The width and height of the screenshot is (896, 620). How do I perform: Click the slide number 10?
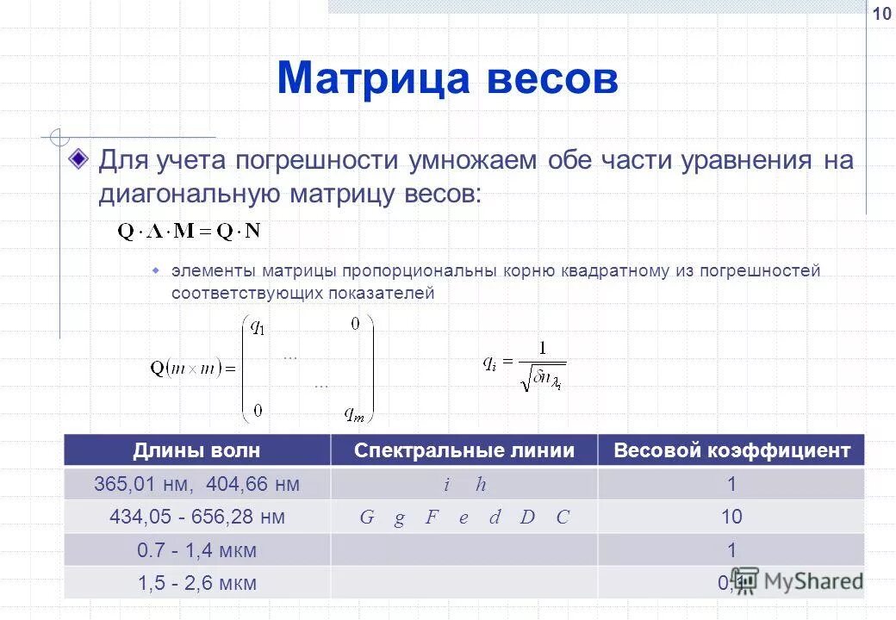coord(881,14)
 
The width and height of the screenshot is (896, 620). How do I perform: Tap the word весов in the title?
coord(551,78)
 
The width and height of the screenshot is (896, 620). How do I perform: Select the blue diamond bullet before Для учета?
coord(79,159)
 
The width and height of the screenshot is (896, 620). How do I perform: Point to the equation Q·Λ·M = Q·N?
coord(189,230)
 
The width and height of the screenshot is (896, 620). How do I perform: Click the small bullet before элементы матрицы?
coord(157,270)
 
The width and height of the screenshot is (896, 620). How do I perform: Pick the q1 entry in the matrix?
coord(258,327)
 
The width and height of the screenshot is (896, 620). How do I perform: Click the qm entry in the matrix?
coord(354,415)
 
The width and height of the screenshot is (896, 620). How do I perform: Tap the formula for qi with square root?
coord(524,365)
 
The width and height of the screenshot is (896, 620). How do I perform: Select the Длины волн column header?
coord(196,450)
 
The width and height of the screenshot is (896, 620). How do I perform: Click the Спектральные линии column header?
coord(464,450)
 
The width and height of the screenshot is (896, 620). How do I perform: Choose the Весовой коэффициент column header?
coord(731,450)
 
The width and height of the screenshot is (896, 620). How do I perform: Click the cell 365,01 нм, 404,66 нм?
coord(196,484)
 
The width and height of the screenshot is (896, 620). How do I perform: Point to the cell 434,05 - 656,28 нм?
coord(196,517)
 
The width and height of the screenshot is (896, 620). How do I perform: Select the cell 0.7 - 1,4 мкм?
coord(196,550)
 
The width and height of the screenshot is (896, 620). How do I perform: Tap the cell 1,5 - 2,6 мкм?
coord(196,583)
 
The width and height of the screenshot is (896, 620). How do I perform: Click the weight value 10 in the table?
coord(732,517)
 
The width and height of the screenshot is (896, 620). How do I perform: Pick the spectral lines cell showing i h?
coord(464,485)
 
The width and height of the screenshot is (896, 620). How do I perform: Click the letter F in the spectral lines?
coord(430,518)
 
